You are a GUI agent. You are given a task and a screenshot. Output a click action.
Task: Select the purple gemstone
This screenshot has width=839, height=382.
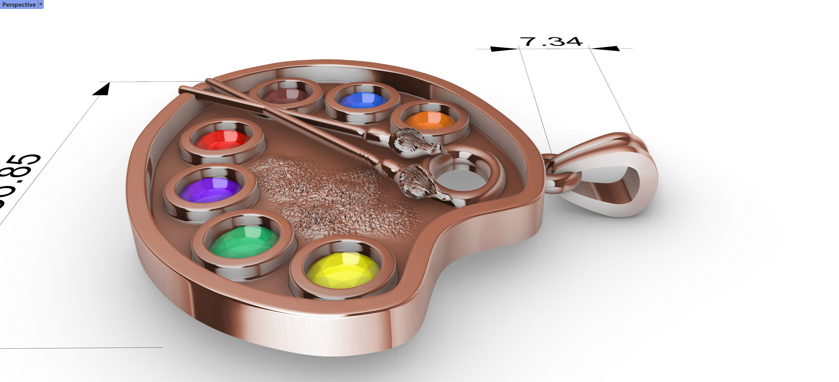[211, 190]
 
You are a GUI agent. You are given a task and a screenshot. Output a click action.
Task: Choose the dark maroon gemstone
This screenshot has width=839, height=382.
[285, 96]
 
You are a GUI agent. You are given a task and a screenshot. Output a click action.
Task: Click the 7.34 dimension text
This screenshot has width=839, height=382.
[551, 42]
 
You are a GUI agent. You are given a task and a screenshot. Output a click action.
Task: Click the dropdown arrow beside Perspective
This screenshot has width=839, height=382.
[41, 5]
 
